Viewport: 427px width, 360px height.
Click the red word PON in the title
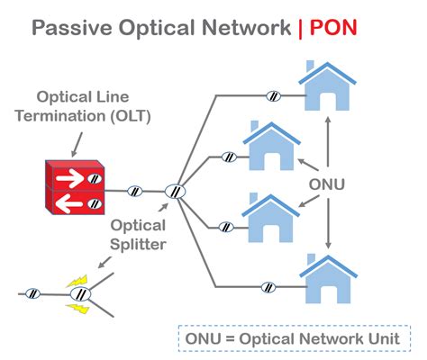(x=333, y=27)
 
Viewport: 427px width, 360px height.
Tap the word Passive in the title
(x=72, y=27)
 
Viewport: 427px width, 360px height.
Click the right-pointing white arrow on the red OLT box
(x=70, y=178)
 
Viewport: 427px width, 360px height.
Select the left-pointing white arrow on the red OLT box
(x=69, y=203)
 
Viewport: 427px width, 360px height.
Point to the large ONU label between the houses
(x=327, y=184)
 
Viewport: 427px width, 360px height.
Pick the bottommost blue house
(x=328, y=278)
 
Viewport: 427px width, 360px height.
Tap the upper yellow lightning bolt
(x=77, y=281)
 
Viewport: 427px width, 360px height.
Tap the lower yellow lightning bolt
(x=77, y=308)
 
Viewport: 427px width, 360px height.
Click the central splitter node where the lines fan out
(x=175, y=192)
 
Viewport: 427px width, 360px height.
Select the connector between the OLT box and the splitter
(x=135, y=191)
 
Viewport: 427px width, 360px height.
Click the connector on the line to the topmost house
(x=274, y=96)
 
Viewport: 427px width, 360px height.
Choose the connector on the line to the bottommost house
(x=268, y=287)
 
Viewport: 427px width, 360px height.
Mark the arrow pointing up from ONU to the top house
(x=328, y=141)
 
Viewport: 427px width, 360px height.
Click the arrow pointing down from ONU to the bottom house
(x=328, y=223)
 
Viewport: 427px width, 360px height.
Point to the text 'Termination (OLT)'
(x=83, y=116)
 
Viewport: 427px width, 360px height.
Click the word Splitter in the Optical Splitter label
(x=138, y=244)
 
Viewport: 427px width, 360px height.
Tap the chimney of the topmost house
(x=310, y=66)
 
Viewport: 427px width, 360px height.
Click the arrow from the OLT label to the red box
(x=77, y=145)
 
